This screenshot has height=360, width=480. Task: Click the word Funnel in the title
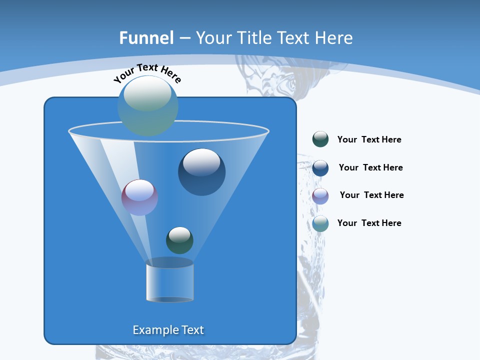(x=146, y=38)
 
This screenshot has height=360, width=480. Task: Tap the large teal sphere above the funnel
(x=148, y=105)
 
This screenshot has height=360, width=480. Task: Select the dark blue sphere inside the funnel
(x=201, y=172)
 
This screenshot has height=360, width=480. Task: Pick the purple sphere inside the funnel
(x=139, y=197)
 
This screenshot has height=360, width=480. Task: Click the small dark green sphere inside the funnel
(x=179, y=240)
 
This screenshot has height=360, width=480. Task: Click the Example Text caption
(x=168, y=330)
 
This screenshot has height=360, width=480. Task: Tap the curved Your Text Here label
(x=147, y=73)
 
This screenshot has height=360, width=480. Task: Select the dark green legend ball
(x=320, y=139)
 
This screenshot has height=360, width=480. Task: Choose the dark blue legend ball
(x=320, y=168)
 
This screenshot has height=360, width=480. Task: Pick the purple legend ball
(x=320, y=196)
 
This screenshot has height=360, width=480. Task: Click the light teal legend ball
(x=320, y=223)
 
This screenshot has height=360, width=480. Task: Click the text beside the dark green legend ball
(x=369, y=140)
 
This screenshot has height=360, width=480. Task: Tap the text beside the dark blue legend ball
(x=370, y=168)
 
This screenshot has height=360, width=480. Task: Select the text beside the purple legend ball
(x=371, y=195)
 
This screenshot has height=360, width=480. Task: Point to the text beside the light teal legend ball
(x=369, y=223)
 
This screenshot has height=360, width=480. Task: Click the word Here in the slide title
(x=332, y=38)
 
